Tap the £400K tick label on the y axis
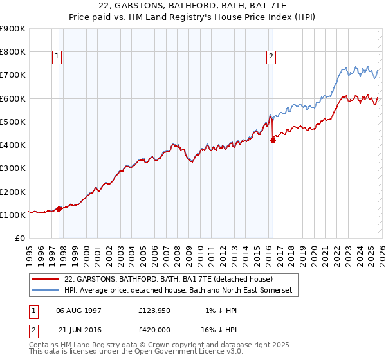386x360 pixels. pyautogui.click(x=13, y=145)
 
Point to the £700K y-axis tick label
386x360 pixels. pyautogui.click(x=13, y=75)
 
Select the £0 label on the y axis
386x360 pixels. pyautogui.click(x=19, y=239)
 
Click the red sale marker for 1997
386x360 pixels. pyautogui.click(x=59, y=209)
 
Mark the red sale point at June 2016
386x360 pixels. pyautogui.click(x=273, y=140)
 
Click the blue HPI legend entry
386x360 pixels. pyautogui.click(x=178, y=291)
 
